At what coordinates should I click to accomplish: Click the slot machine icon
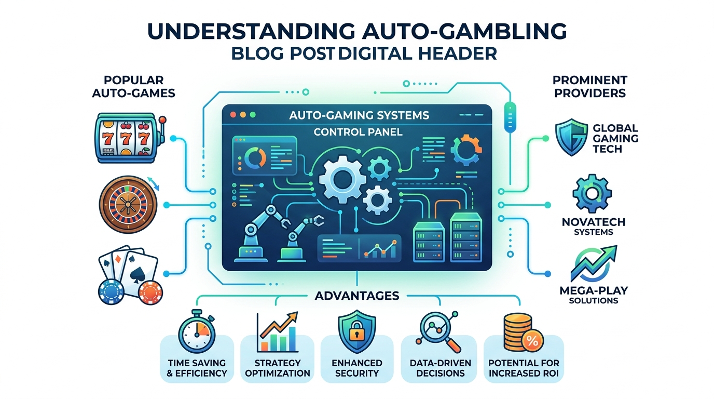coord(130,138)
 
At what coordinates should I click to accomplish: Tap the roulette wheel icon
coord(128,204)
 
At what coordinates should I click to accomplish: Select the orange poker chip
coord(151,292)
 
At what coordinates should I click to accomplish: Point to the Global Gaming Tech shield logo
coord(571,137)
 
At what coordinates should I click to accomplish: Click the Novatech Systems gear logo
coord(592,193)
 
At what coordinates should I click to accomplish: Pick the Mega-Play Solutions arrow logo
coord(594,263)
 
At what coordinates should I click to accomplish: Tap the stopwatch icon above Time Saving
coord(197,331)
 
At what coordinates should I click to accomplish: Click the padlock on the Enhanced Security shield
coord(356,333)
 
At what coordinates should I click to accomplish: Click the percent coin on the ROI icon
coord(532,341)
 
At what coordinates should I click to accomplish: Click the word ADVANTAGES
coord(356,296)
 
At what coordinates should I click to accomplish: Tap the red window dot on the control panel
coord(233,115)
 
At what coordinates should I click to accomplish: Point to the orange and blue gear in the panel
coord(466,150)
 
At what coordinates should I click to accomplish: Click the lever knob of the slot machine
coord(162,121)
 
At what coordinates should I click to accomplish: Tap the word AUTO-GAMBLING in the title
coord(464,31)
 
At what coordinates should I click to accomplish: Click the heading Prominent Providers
coord(590,86)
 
